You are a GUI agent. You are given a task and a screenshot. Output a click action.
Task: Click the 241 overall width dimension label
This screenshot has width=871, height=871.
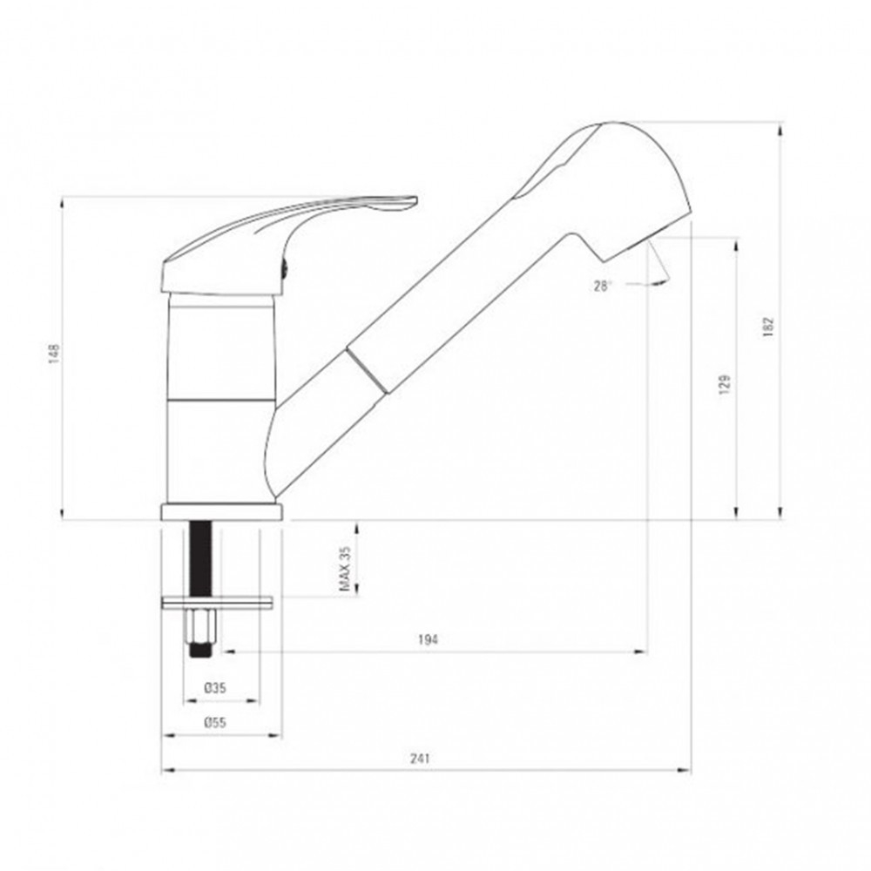(420, 758)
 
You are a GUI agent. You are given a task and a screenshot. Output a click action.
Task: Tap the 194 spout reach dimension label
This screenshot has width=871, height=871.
(428, 639)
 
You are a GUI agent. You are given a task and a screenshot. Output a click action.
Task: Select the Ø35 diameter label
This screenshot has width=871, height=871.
(215, 688)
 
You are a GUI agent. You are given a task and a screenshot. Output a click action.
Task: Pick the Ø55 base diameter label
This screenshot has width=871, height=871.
(215, 723)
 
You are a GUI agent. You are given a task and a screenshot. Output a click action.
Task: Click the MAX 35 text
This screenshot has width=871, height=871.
(345, 569)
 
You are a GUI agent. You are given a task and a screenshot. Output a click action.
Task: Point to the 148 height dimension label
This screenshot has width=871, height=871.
(54, 354)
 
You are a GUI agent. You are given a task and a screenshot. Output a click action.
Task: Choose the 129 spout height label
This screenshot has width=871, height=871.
(725, 384)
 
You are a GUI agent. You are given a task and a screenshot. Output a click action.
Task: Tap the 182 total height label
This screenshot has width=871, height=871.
(768, 327)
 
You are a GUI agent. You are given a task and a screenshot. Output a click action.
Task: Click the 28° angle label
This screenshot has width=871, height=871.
(603, 286)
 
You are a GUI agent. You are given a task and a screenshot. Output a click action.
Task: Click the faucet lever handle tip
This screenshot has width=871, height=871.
(415, 199)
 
